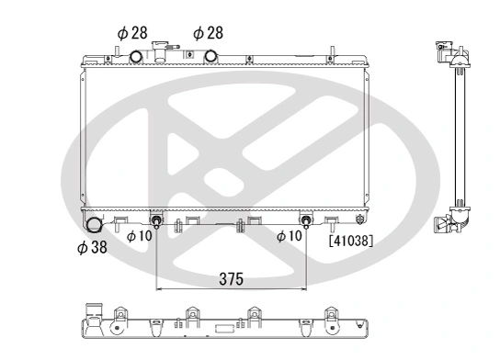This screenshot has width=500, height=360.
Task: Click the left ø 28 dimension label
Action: click(x=132, y=32)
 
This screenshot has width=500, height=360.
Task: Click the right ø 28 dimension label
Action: click(x=210, y=32)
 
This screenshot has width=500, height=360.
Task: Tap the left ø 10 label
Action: click(x=139, y=236)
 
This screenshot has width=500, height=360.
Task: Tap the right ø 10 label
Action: click(x=290, y=236)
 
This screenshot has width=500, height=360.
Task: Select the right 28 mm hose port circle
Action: click(x=210, y=57)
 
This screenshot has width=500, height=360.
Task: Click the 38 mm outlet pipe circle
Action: click(x=94, y=224)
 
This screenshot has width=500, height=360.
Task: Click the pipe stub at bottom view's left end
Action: click(x=91, y=311)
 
